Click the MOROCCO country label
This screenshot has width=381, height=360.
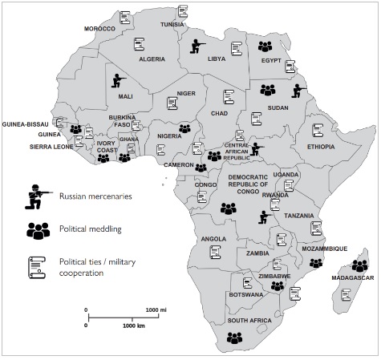pos(99,29)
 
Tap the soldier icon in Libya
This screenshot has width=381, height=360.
pos(197,47)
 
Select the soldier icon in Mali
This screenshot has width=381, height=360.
pos(119,81)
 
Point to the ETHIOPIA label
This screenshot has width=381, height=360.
pos(321,147)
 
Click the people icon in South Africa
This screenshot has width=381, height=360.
pos(234,338)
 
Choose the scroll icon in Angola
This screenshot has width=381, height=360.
pos(216,252)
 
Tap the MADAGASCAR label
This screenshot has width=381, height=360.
pos(353,278)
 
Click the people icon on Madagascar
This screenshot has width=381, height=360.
pos(360,265)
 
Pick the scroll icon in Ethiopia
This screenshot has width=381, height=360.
pos(318,130)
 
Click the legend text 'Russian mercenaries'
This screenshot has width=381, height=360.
pos(95,196)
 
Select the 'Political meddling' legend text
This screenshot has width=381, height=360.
pos(91,229)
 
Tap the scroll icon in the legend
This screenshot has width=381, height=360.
pos(37,268)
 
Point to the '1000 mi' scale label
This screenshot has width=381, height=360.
pos(156,310)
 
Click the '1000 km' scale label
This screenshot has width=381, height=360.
pos(134,326)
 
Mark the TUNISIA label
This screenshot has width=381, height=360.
pos(172,25)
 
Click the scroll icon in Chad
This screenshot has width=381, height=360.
pos(229,97)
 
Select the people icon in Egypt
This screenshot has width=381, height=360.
pos(265,47)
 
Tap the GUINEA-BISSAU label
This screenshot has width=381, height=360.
pos(26,124)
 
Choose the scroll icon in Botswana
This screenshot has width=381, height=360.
pos(248,283)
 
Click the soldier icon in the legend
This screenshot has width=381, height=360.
pos(39,196)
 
